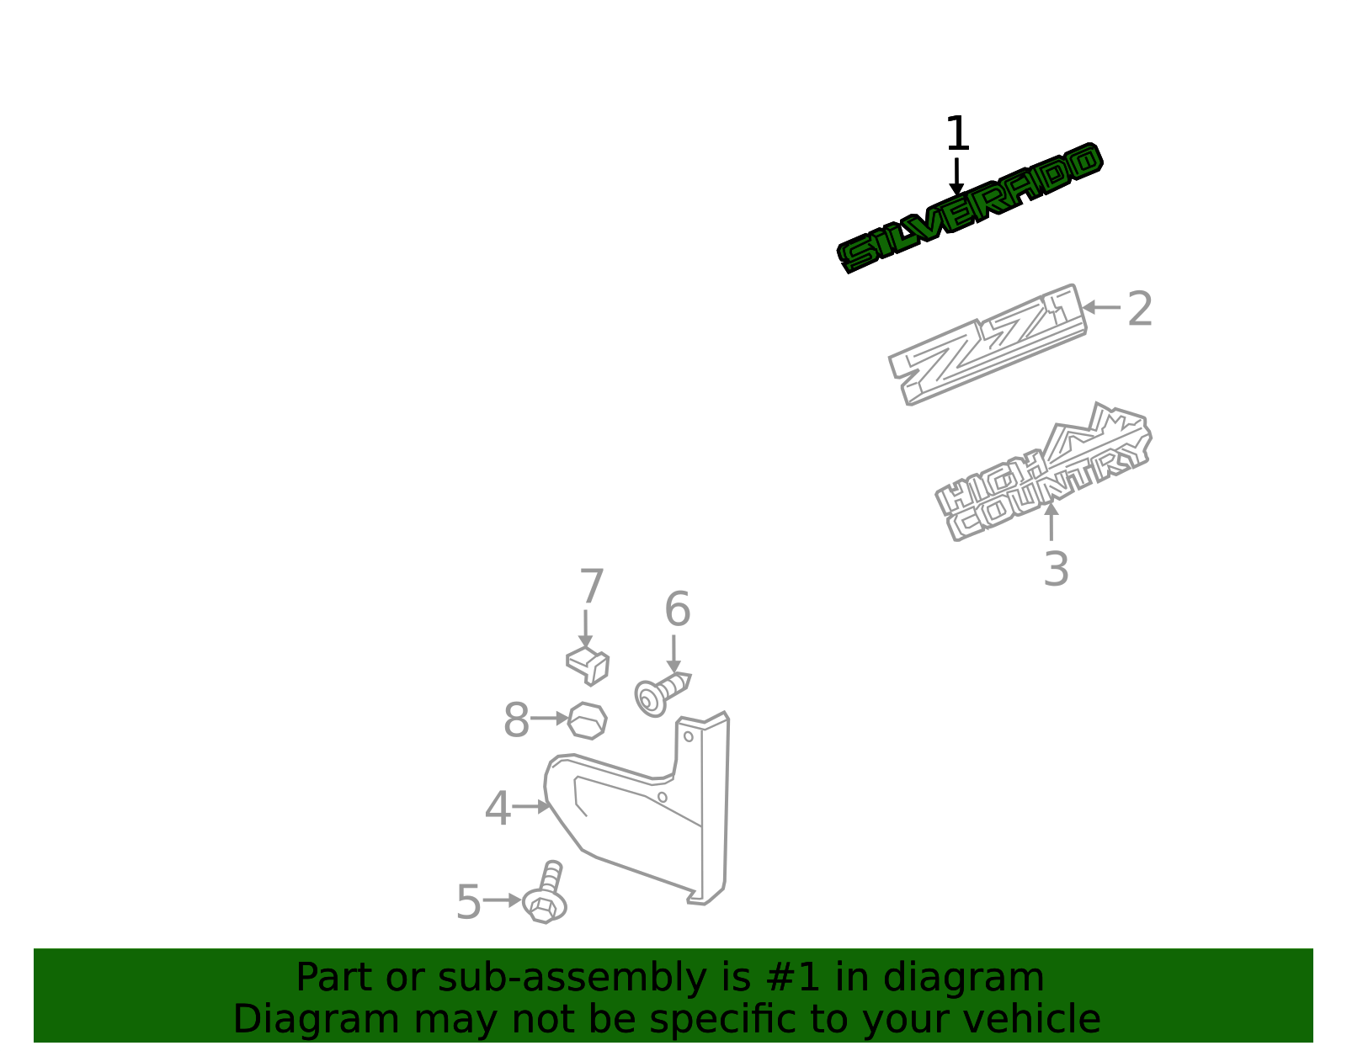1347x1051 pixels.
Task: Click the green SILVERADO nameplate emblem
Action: tap(970, 208)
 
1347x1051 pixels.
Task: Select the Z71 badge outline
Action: tap(988, 345)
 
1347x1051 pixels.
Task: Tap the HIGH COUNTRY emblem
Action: tap(1043, 473)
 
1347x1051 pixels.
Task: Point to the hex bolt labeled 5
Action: tap(545, 894)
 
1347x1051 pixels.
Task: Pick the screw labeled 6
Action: tap(661, 694)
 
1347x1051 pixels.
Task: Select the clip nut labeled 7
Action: tap(588, 666)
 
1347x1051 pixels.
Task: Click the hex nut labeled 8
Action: tap(587, 721)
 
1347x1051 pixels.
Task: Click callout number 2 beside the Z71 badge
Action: tap(1139, 309)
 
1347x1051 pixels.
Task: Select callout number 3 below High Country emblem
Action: tap(1057, 569)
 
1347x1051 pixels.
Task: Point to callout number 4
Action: tap(498, 808)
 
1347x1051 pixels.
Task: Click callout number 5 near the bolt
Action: tap(469, 902)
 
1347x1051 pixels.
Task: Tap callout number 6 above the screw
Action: tap(678, 608)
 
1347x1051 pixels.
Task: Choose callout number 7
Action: tap(591, 586)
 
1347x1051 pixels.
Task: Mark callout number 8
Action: tap(516, 720)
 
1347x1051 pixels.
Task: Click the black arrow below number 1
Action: tap(956, 177)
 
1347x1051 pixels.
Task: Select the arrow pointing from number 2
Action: tap(1101, 307)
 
